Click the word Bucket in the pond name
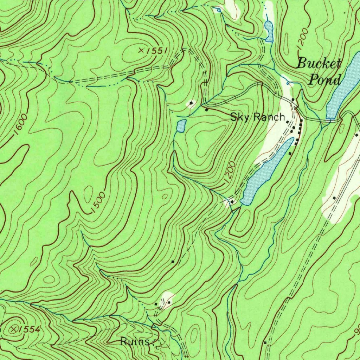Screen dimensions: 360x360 (x=319, y=64)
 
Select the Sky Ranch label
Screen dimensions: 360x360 (x=257, y=117)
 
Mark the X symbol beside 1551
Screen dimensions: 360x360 (x=141, y=51)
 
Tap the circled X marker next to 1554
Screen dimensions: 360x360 (x=14, y=329)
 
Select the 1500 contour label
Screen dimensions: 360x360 (x=98, y=202)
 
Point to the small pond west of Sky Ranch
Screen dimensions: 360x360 (x=181, y=126)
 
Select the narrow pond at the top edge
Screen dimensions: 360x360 (x=269, y=31)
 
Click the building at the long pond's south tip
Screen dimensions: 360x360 (x=232, y=201)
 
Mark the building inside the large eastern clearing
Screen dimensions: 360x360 (x=334, y=198)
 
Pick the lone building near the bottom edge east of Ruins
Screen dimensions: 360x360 (x=265, y=342)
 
